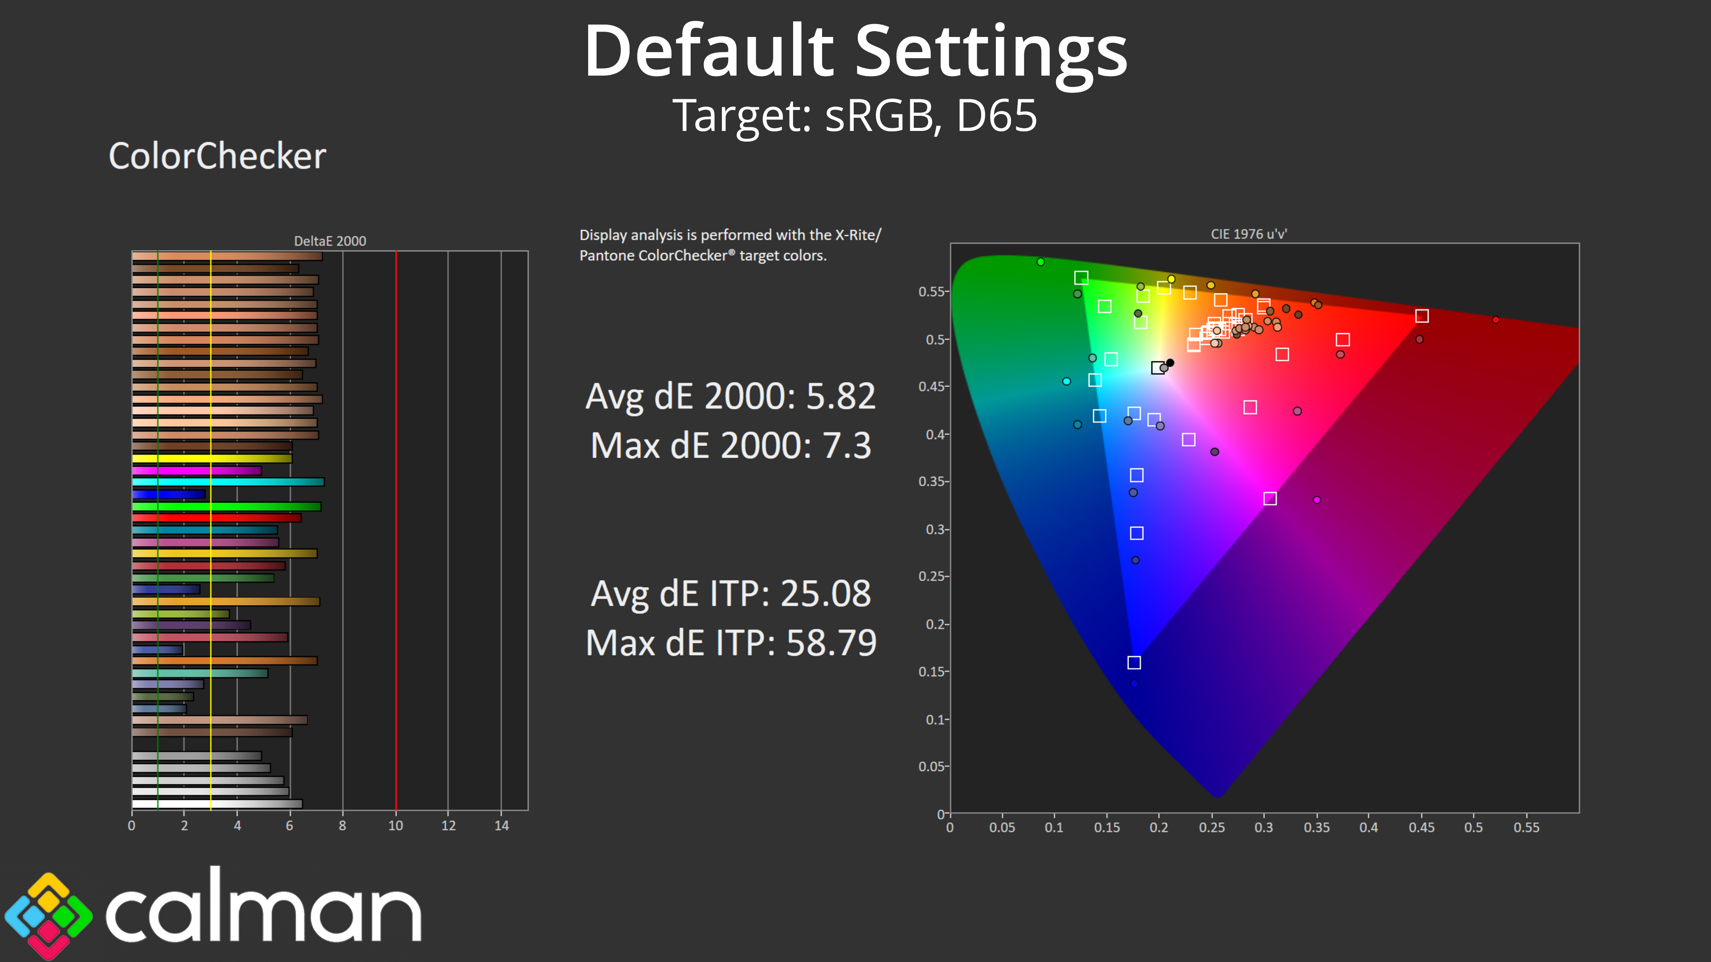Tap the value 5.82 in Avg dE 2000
tap(840, 396)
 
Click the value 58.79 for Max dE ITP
tap(831, 643)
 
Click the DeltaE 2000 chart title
tap(330, 241)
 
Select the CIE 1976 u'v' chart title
tap(1248, 234)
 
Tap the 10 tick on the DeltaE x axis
tap(396, 825)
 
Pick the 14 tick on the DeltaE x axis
tap(501, 825)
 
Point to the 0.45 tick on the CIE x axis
tap(1421, 827)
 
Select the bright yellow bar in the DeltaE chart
tap(212, 458)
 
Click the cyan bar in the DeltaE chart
tap(228, 482)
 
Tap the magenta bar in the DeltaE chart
tap(196, 470)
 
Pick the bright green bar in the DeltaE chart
tap(226, 506)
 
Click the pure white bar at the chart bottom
tap(217, 804)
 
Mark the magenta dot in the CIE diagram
tap(1317, 500)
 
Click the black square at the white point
tap(1158, 368)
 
